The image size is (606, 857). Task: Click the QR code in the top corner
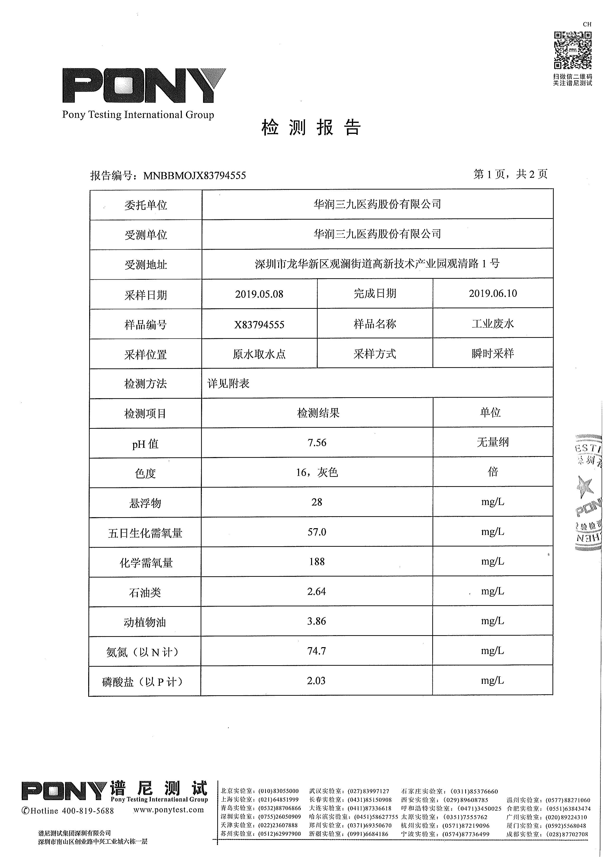pos(572,50)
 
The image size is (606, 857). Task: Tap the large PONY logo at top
pos(144,86)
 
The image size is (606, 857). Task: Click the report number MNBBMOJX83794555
pos(195,175)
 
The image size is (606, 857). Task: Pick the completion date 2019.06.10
pos(493,293)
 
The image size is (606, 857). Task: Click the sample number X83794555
pos(259,325)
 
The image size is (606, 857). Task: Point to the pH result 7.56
pos(317,443)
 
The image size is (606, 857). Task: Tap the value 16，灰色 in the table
pos(317,472)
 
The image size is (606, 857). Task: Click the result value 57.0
pos(317,532)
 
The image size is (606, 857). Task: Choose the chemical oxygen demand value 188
pos(317,562)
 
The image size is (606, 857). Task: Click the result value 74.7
pos(317,651)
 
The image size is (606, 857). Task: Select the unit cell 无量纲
pos(493,442)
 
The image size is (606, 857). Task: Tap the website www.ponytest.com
pos(168,810)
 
